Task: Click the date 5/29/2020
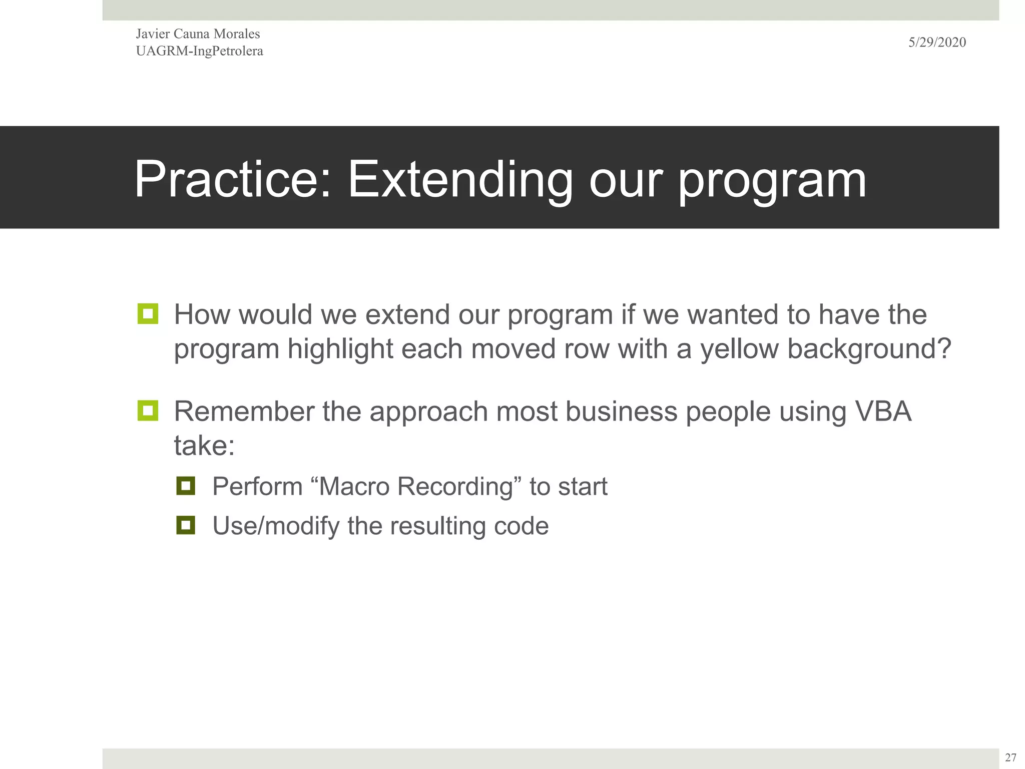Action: point(937,43)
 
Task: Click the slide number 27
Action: point(1010,757)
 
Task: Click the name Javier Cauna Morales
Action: point(198,34)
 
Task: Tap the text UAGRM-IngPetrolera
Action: point(199,51)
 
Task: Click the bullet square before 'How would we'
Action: point(148,314)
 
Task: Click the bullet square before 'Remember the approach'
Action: point(148,411)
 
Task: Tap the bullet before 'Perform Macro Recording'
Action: point(185,486)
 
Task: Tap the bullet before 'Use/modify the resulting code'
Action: point(185,525)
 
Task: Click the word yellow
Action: point(739,349)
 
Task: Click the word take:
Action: point(204,446)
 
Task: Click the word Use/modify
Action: point(276,526)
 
